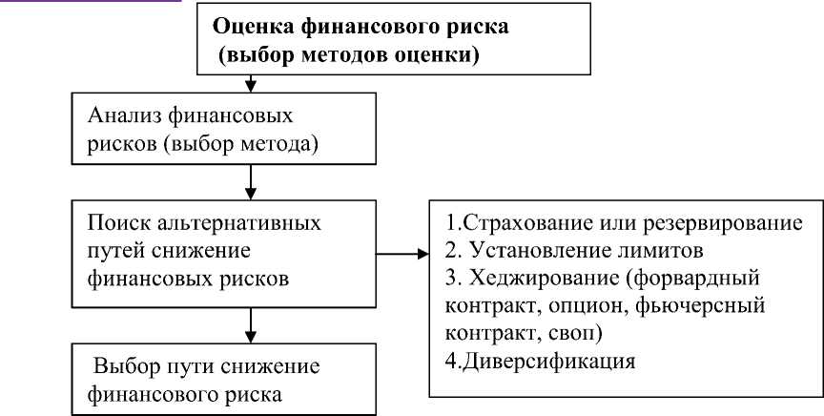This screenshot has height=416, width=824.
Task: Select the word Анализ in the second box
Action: tap(121, 116)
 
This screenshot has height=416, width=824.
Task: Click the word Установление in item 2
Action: tap(536, 252)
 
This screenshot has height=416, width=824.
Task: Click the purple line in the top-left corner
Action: tap(91, 3)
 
